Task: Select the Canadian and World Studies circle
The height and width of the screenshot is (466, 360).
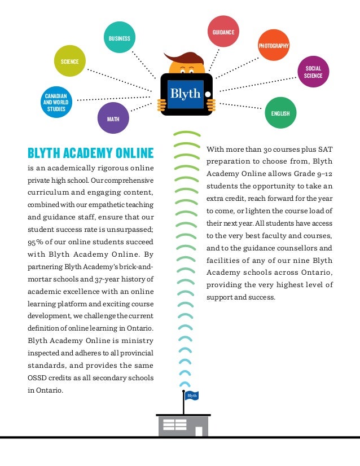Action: (x=55, y=103)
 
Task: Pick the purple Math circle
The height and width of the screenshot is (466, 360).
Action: (x=113, y=118)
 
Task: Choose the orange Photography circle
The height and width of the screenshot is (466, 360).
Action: (x=274, y=45)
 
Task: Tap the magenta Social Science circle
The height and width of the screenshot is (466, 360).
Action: (x=313, y=72)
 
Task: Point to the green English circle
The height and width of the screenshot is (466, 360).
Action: (x=280, y=113)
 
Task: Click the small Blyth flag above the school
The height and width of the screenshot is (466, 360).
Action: (x=192, y=395)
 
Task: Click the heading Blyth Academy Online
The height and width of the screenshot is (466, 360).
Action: (x=90, y=152)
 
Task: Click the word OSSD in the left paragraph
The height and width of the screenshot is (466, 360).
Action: (x=39, y=377)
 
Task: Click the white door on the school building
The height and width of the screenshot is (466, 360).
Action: (x=199, y=431)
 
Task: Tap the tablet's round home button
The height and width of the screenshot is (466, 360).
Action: (x=207, y=94)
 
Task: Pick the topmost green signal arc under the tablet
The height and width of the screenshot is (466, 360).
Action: (x=187, y=135)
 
